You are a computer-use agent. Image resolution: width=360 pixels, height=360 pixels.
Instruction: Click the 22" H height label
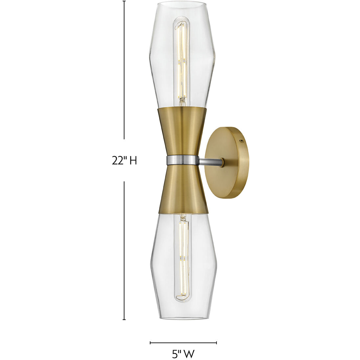pyautogui.click(x=124, y=161)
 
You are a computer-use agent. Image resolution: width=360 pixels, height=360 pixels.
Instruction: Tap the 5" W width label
pyautogui.click(x=183, y=354)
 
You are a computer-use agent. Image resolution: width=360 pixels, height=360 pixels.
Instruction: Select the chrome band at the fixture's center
pyautogui.click(x=183, y=160)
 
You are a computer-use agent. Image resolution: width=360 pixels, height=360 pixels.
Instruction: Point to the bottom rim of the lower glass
pyautogui.click(x=183, y=318)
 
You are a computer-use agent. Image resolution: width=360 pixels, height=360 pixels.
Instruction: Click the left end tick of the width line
pyautogui.click(x=150, y=343)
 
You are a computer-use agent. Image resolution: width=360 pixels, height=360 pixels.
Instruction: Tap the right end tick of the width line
pyautogui.click(x=216, y=343)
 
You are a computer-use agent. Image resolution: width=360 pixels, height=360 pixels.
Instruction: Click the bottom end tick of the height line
pyautogui.click(x=124, y=319)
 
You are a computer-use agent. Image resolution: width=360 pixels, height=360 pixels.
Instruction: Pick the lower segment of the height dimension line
pyautogui.click(x=124, y=250)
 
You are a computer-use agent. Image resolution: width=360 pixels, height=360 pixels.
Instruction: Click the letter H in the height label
pyautogui.click(x=133, y=161)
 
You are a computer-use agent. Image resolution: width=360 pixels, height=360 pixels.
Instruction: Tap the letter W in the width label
pyautogui.click(x=189, y=354)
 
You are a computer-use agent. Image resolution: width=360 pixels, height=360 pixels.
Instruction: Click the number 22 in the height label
pyautogui.click(x=117, y=161)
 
